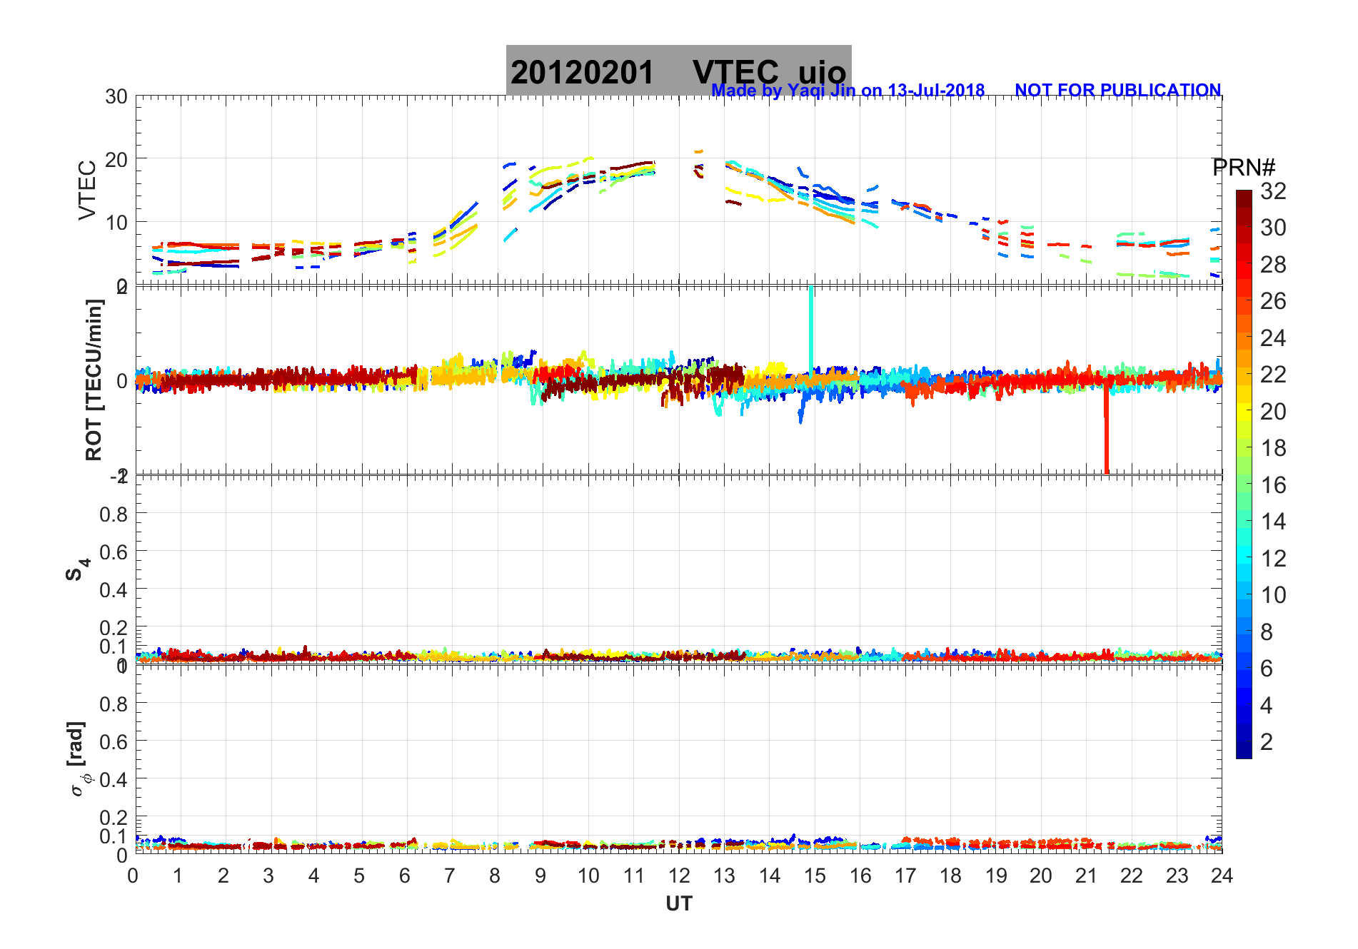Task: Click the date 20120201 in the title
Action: [582, 73]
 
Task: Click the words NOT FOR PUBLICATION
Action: [1117, 91]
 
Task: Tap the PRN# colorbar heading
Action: [1244, 168]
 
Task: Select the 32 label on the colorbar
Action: [1273, 191]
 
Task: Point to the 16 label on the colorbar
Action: [1273, 485]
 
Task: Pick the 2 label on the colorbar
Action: [1267, 742]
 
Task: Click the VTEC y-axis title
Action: [87, 190]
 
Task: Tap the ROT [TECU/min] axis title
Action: [94, 380]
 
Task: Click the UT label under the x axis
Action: [678, 904]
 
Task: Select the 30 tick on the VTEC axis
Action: [116, 97]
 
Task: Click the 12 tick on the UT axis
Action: [679, 876]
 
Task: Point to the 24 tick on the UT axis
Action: [1222, 876]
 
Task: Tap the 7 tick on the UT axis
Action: [450, 876]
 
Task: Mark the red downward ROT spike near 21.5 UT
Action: [1106, 435]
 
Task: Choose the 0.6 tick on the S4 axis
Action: [114, 552]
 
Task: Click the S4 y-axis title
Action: [78, 569]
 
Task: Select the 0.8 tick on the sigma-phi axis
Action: [114, 704]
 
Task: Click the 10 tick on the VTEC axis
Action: [116, 223]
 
